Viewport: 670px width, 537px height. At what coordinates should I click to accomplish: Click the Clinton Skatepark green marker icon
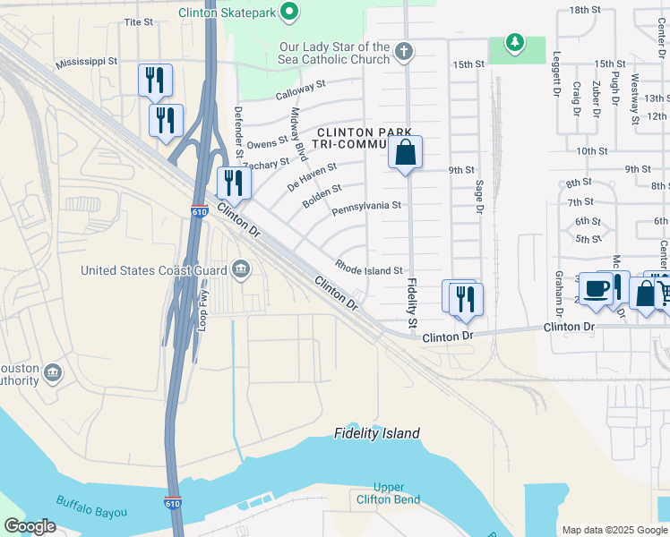[288, 12]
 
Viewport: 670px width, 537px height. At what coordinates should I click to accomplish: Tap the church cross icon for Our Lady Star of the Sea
[404, 52]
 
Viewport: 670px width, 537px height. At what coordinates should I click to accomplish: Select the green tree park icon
[514, 42]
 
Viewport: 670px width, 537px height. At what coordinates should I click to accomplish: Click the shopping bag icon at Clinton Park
[406, 153]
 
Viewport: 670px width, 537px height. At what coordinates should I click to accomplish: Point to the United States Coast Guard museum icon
[240, 269]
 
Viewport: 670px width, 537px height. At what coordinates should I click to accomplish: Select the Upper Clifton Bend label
[389, 493]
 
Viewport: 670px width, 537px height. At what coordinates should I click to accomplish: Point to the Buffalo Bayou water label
[91, 507]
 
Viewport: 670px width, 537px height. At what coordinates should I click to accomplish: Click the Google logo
[30, 526]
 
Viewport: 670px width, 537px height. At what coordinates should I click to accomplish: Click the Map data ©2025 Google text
[613, 530]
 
